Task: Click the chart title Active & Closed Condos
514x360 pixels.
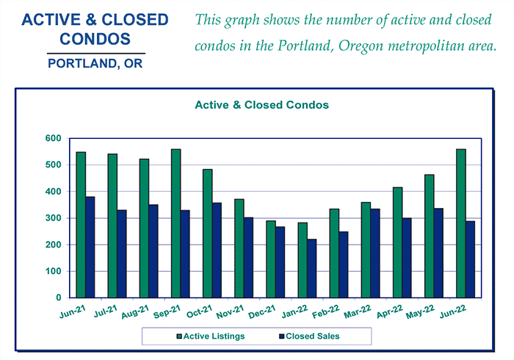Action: click(261, 105)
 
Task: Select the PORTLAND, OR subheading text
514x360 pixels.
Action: click(95, 63)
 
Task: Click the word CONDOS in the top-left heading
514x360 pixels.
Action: click(95, 38)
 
